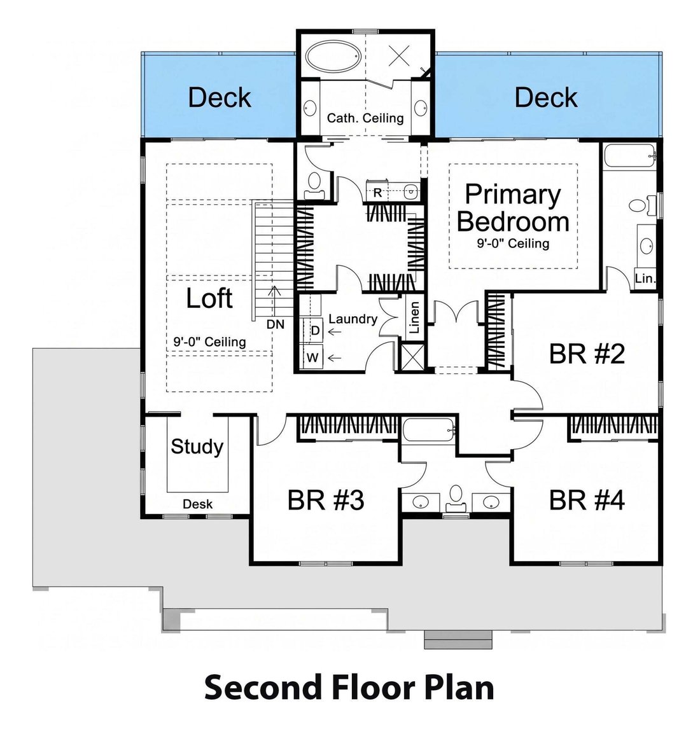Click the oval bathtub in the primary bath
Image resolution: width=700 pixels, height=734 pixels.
coord(333,57)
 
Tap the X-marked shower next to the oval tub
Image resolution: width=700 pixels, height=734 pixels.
coord(399,56)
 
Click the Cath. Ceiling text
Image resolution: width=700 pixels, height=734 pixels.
coord(365,118)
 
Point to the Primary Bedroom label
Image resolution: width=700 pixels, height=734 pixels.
coord(513,208)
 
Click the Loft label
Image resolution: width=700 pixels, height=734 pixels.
coord(209,298)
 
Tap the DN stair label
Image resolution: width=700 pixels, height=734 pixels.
coord(276,324)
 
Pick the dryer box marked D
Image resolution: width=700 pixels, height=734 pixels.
coord(314,331)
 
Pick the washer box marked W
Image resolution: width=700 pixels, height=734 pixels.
coord(312,357)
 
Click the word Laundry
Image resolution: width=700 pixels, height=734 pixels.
coord(353,319)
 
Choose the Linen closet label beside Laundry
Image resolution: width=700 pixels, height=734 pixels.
coord(414,317)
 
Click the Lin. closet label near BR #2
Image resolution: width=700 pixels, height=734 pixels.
coord(645,279)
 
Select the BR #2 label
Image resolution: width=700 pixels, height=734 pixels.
coord(587,354)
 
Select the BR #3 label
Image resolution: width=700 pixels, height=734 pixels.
coord(325,500)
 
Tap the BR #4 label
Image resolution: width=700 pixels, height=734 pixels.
coord(587,500)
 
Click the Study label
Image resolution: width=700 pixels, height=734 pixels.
coord(197,447)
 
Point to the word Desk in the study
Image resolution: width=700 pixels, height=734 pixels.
coord(198,504)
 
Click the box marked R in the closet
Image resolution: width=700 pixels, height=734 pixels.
coord(377,192)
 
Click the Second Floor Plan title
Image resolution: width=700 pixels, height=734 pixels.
coord(349,688)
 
